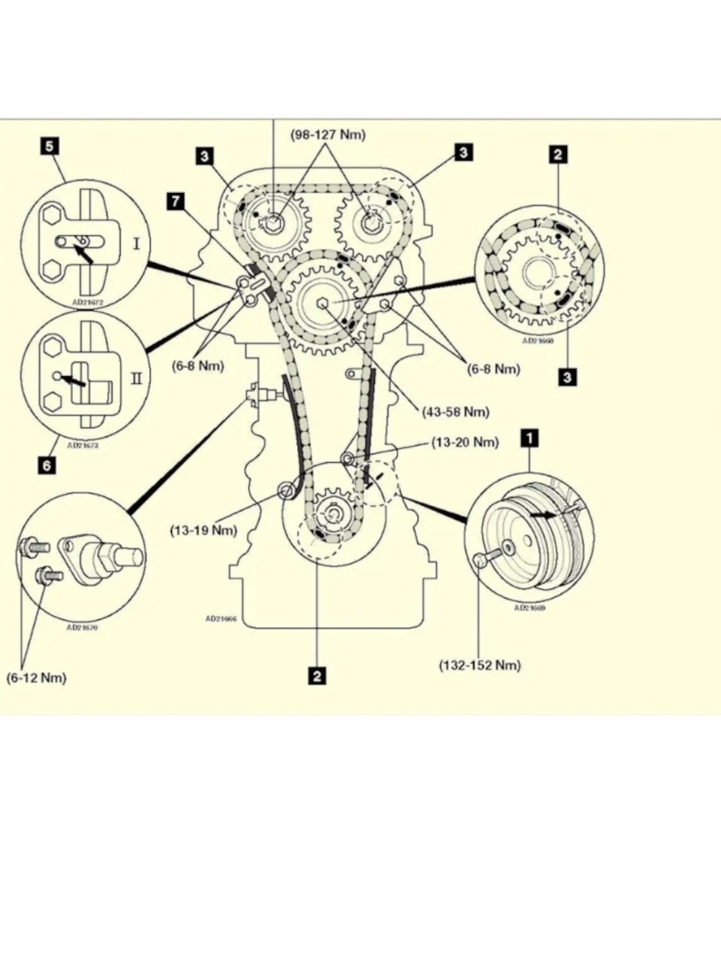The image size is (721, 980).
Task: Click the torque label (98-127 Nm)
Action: coord(328,135)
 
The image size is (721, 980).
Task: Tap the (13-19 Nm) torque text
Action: coord(203,531)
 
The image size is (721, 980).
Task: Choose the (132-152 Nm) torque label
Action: coord(479,665)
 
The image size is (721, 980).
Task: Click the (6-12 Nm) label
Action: coord(36,678)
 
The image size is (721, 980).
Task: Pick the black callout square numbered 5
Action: coord(50,145)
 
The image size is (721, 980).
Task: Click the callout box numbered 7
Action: coord(176,201)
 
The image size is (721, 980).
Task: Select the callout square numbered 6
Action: coord(47,466)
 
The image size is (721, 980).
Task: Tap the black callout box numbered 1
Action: coord(529,437)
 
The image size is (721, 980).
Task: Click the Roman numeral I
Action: coord(136,244)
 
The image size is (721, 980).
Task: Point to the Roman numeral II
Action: coord(136,377)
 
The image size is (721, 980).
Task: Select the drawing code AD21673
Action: coord(83,445)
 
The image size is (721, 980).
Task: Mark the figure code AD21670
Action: coord(82,628)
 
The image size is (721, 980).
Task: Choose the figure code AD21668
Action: coord(538,340)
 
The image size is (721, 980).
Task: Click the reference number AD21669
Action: coord(529,608)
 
